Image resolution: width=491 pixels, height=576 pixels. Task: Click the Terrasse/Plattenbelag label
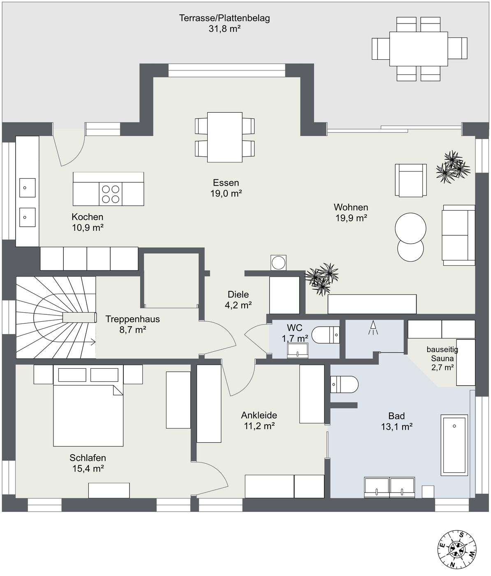coord(225,19)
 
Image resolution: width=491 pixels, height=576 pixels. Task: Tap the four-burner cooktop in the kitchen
coord(111,194)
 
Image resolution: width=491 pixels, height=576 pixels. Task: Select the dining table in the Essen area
coord(225,137)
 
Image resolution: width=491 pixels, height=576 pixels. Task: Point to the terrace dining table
coord(419,49)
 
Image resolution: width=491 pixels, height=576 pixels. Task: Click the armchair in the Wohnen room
coord(411,180)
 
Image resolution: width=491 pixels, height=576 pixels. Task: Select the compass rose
coord(457,550)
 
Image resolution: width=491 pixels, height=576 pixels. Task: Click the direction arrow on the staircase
coord(79,342)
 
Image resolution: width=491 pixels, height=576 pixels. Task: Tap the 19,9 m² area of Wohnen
coord(351,218)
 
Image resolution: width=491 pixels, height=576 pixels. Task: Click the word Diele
coord(238,294)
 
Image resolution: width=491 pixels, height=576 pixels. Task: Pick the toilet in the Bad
coord(344,385)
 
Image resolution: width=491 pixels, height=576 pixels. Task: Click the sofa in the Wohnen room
coord(459,235)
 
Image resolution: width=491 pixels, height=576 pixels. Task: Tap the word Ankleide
coord(259,415)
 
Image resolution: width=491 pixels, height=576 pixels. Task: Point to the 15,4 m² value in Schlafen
coord(88,469)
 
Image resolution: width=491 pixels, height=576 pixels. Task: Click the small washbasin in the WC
coord(298,351)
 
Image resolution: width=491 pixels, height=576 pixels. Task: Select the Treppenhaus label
coord(132,319)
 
